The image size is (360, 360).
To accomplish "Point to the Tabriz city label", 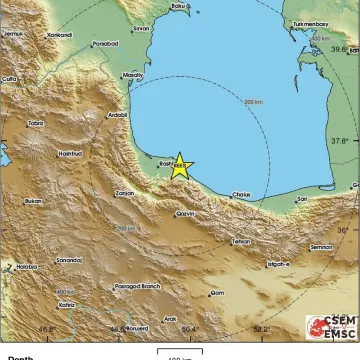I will tap(36, 123).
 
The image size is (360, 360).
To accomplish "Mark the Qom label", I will tap(216, 293).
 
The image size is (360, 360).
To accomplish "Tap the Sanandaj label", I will tap(68, 259).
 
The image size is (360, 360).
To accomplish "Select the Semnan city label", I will tap(321, 246).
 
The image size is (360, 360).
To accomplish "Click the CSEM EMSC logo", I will tap(331, 327).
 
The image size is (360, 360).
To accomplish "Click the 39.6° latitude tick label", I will tap(344, 48).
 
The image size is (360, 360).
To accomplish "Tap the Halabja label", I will tap(27, 267).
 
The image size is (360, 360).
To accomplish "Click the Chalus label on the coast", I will tap(242, 194).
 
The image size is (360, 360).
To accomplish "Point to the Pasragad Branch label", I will tap(136, 286).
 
